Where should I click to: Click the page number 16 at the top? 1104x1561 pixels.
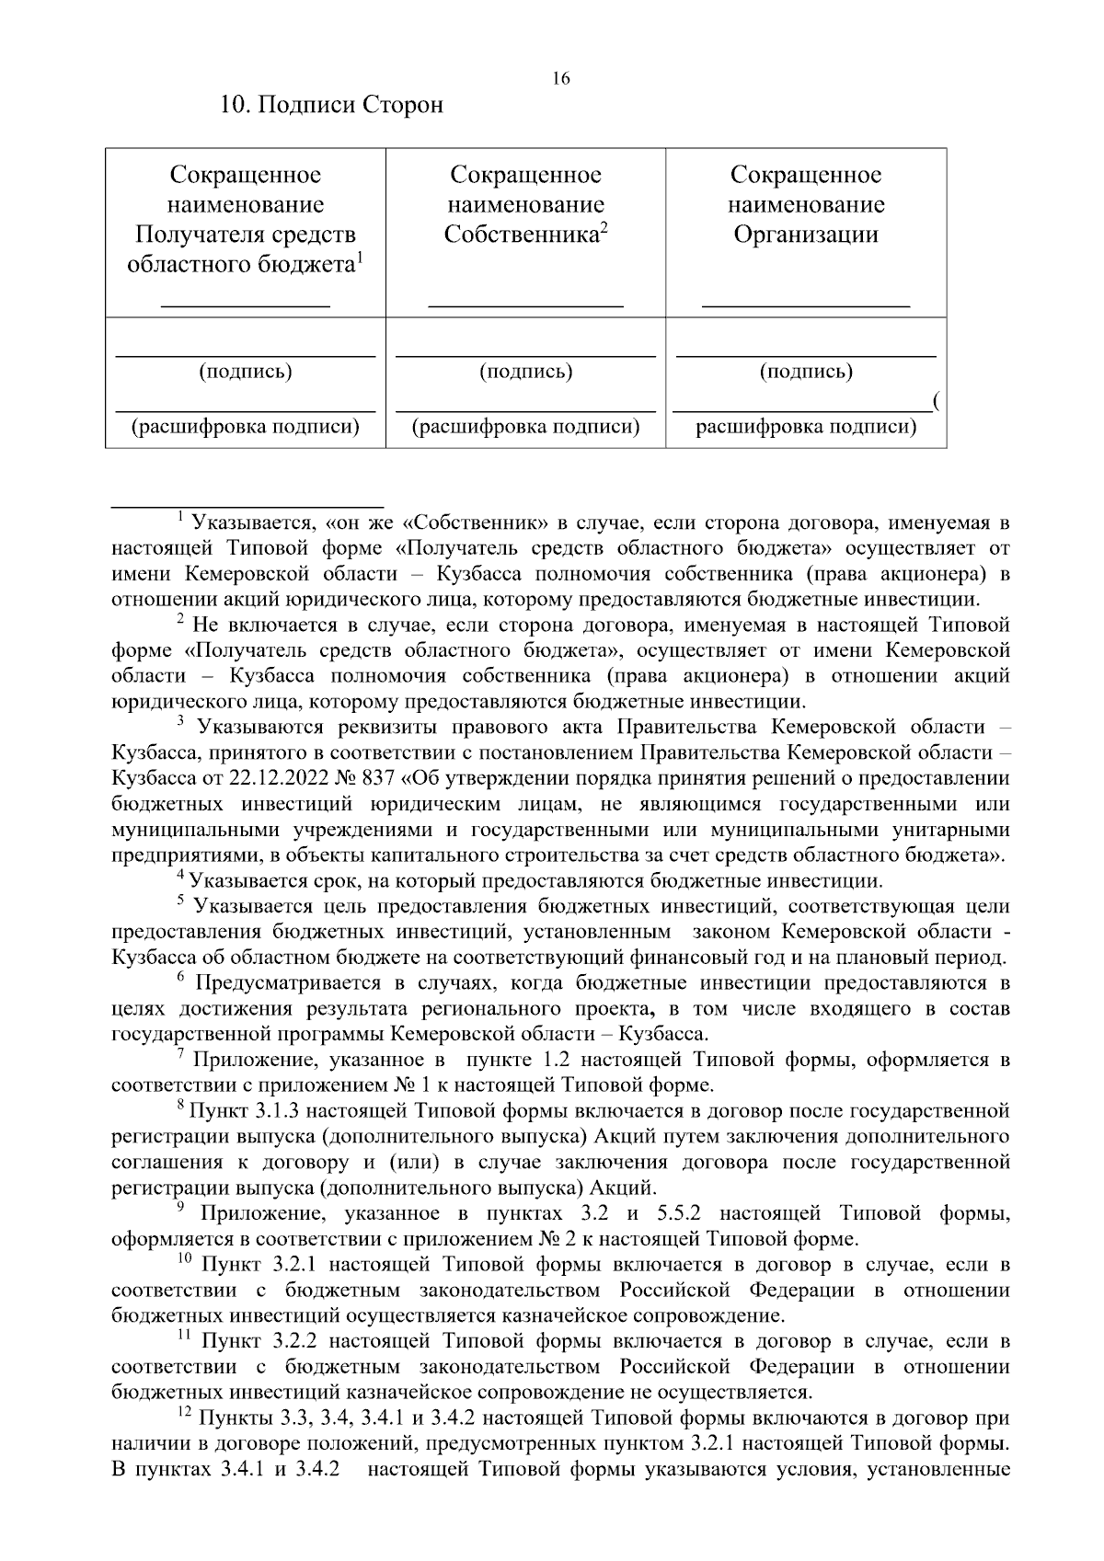(x=560, y=78)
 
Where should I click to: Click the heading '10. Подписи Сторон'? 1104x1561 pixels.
(x=331, y=105)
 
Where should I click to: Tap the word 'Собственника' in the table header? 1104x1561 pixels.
(x=521, y=235)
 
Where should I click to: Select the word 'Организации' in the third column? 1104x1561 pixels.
(x=806, y=235)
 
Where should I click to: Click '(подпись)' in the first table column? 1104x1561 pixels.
(x=246, y=372)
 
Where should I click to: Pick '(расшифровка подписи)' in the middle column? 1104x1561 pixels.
(x=525, y=427)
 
